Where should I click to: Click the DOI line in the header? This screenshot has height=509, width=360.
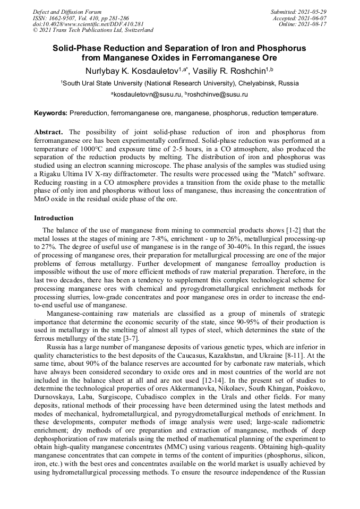click(x=89, y=24)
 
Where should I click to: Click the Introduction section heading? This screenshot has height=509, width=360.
click(x=54, y=218)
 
